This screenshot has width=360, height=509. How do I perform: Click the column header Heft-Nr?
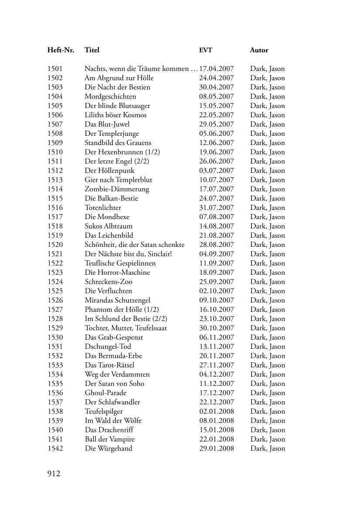(61, 50)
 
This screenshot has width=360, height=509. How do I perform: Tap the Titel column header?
(92, 50)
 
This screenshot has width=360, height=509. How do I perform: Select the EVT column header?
(206, 50)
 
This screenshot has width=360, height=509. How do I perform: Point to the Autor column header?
(259, 50)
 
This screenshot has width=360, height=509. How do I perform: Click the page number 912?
(54, 474)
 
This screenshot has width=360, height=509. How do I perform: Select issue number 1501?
(55, 69)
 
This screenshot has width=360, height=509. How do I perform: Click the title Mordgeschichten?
(110, 97)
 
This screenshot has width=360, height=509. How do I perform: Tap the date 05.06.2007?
(217, 134)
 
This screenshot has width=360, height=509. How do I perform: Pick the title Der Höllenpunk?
(110, 171)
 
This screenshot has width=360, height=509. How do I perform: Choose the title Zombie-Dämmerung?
(117, 189)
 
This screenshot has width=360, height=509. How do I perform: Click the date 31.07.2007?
(217, 208)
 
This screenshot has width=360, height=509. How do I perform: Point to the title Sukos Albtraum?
(109, 226)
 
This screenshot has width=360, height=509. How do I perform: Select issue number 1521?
(55, 254)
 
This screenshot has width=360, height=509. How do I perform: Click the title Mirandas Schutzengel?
(117, 300)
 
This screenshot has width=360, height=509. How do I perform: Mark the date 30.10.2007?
(217, 328)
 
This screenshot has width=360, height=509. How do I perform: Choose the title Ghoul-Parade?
(105, 393)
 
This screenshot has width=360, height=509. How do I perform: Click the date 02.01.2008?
(217, 411)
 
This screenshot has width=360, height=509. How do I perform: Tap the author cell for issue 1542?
(268, 448)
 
